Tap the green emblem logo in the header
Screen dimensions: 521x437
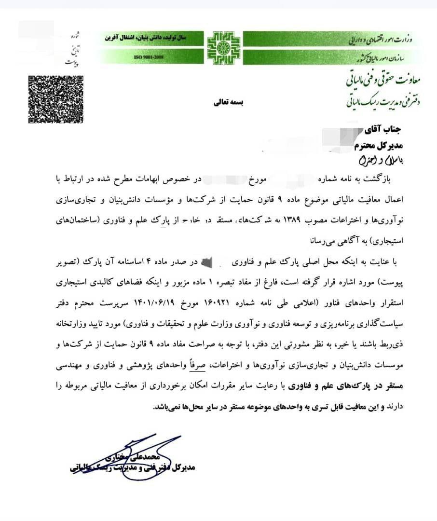pyautogui.click(x=223, y=47)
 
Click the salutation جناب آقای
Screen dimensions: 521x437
pyautogui.click(x=389, y=129)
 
